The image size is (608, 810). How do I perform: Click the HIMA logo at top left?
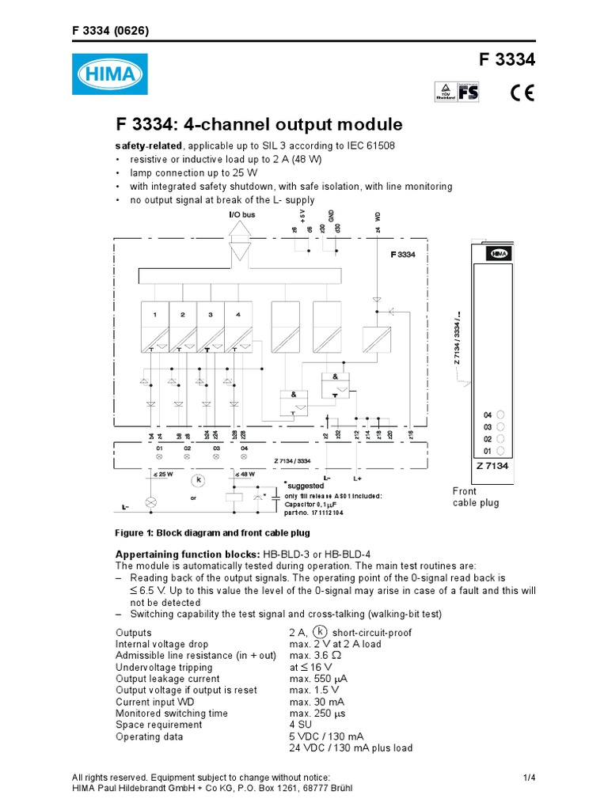(x=110, y=76)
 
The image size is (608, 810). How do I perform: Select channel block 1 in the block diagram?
(x=155, y=324)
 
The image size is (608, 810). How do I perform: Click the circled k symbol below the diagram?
(x=199, y=479)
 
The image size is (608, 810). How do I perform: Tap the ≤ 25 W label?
(x=164, y=475)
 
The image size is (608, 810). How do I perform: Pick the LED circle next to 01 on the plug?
(x=502, y=451)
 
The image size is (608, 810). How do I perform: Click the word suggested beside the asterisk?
(x=306, y=485)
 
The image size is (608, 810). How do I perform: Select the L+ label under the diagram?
(x=357, y=479)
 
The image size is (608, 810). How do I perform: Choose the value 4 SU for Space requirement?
(x=301, y=725)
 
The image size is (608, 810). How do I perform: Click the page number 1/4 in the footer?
(x=530, y=778)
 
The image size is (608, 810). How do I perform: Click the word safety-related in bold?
(x=149, y=146)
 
